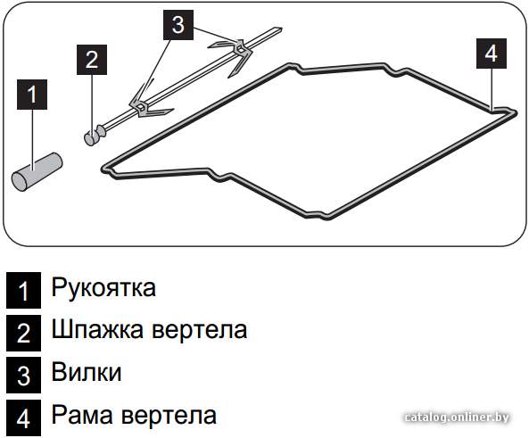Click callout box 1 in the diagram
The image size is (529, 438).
click(32, 95)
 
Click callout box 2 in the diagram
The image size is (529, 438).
click(92, 60)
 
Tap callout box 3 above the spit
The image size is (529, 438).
click(178, 25)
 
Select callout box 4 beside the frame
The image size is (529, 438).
click(492, 54)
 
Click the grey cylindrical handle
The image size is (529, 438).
click(37, 171)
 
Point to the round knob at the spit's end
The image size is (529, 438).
click(91, 137)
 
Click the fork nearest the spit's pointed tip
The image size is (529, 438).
click(237, 54)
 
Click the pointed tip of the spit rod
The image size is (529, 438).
click(281, 29)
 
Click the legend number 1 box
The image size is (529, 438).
click(23, 291)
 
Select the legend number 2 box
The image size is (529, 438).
click(23, 333)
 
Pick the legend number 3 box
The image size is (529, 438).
click(23, 376)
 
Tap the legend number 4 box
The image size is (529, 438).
click(23, 418)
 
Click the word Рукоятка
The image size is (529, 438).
click(103, 288)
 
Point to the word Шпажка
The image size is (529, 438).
click(97, 330)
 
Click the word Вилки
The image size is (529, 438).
click(87, 372)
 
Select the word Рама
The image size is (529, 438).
click(82, 415)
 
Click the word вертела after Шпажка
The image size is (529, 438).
click(199, 331)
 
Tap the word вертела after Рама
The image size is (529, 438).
click(169, 416)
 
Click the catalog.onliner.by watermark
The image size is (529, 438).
click(457, 417)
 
